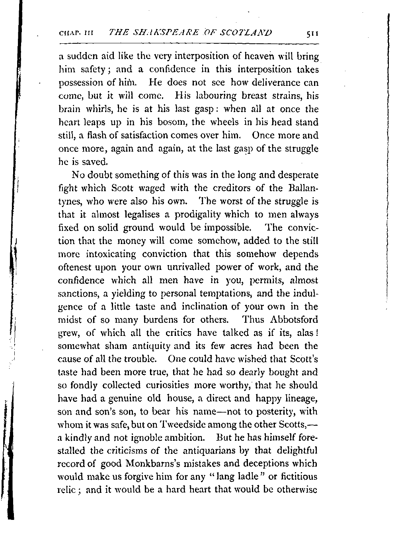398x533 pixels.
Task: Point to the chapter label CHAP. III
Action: (x=76, y=33)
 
